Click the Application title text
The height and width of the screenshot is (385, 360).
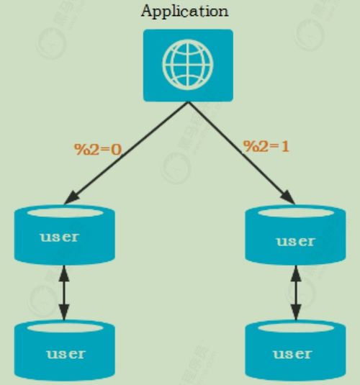[185, 12]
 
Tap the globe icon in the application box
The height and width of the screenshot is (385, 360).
[188, 65]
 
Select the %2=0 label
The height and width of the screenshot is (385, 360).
[98, 149]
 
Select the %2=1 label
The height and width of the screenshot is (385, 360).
[266, 146]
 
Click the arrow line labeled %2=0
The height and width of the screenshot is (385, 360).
[126, 153]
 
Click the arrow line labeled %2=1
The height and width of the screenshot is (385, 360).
[241, 153]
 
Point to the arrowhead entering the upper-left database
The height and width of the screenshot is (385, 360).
[72, 199]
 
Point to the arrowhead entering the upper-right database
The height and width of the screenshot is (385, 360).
[288, 198]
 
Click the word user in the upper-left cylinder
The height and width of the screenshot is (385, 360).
[60, 237]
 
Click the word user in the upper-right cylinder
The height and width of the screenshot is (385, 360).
[295, 242]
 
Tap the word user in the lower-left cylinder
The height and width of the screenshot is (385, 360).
[66, 354]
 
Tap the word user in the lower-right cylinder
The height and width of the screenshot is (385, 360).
[292, 354]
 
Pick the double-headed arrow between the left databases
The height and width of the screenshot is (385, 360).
[64, 293]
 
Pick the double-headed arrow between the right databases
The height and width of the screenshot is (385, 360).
[296, 293]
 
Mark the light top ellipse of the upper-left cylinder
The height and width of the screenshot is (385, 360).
[65, 212]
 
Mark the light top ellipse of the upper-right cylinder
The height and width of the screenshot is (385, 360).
[296, 212]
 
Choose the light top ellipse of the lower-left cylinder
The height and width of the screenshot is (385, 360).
[65, 328]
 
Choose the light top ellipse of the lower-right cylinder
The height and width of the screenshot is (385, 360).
[296, 328]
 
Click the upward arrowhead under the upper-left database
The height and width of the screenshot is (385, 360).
[64, 273]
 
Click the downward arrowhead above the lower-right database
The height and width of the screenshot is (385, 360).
[296, 312]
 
